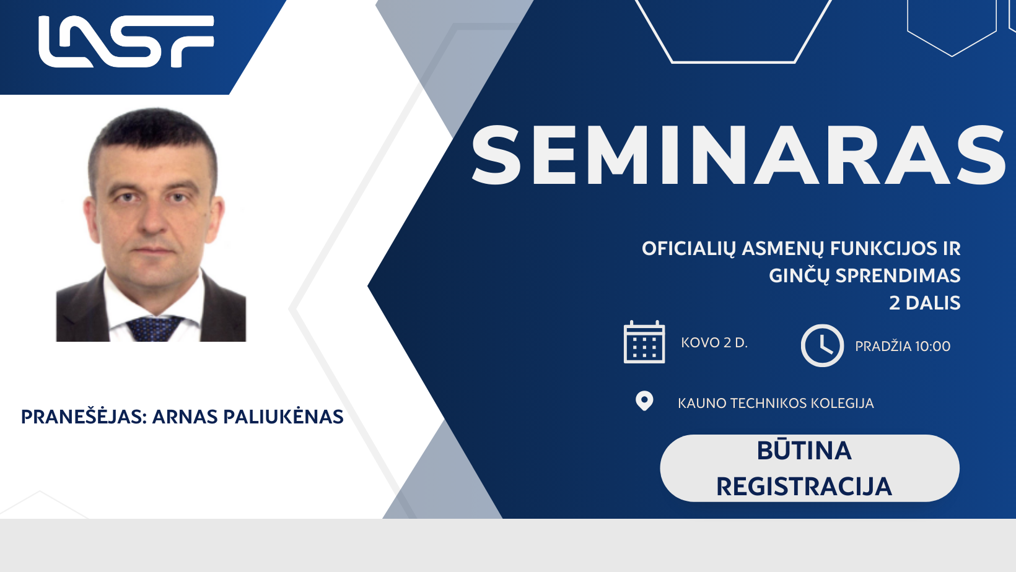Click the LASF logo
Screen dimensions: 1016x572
126,41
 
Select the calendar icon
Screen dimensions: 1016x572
644,342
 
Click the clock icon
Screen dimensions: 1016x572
822,345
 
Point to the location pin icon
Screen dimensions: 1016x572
644,401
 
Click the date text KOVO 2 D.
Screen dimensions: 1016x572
714,343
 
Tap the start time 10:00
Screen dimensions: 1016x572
932,346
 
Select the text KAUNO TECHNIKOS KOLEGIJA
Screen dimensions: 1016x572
776,403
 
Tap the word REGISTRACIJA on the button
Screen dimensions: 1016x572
804,487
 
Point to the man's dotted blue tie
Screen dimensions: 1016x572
154,328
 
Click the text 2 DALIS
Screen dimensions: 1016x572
925,303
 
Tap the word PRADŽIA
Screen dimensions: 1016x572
883,346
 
